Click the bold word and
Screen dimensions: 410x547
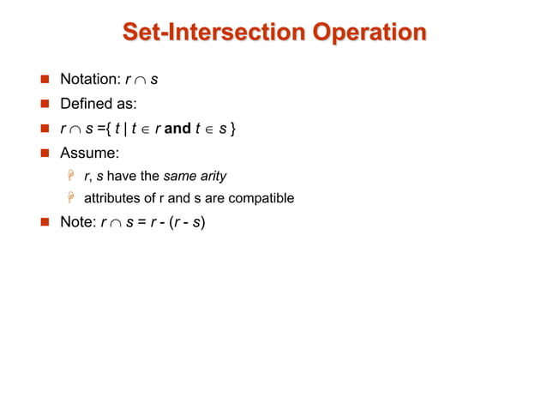pos(177,130)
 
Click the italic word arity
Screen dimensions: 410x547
pos(212,177)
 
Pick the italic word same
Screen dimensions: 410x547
pos(178,177)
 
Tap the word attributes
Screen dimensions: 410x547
pos(113,198)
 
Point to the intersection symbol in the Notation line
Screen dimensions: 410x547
pos(141,81)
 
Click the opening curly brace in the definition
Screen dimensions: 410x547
pos(107,130)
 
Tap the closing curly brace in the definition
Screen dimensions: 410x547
pos(234,130)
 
